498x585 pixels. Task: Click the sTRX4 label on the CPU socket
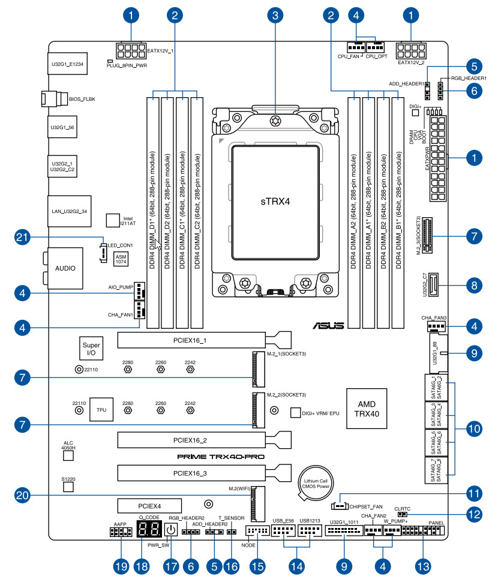[275, 200]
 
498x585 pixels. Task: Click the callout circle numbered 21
[23, 238]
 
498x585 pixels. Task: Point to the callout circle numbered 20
[23, 495]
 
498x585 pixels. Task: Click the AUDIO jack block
[65, 268]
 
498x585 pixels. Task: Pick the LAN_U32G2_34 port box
[68, 211]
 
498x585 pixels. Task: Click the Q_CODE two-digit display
[149, 529]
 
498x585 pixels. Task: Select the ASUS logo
[328, 326]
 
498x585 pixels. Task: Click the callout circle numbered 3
[275, 14]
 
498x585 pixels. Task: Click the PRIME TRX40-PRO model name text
[220, 457]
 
